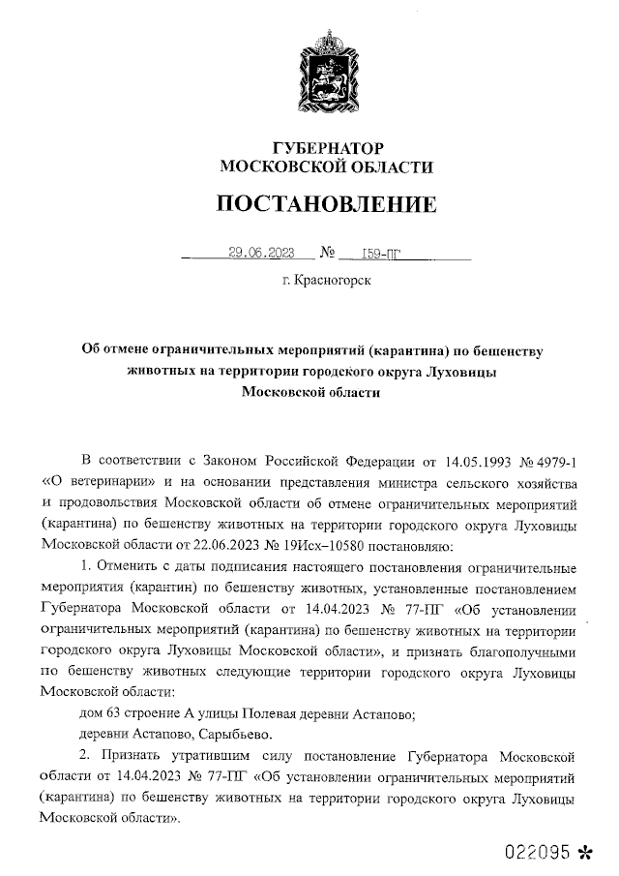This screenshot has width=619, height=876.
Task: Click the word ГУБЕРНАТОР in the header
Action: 327,147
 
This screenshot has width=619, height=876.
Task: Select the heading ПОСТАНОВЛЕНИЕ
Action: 326,204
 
